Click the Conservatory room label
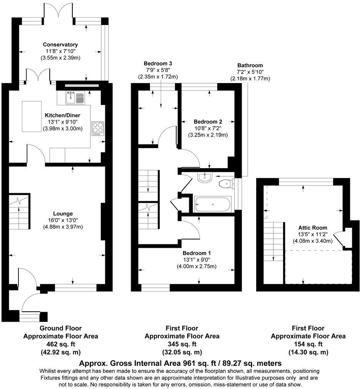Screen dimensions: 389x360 click(60, 45)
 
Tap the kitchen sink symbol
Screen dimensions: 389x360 click(75, 98)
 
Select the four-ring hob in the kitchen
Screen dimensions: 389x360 click(97, 128)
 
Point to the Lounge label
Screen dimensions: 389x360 click(63, 214)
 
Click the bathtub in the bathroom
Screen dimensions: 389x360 click(212, 204)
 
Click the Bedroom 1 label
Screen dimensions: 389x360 click(197, 253)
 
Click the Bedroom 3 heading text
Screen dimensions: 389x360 click(158, 63)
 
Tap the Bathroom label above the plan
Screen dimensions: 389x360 click(250, 65)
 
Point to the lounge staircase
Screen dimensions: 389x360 click(19, 215)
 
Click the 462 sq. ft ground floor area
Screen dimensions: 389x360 click(60, 344)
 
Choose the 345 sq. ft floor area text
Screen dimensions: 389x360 click(182, 344)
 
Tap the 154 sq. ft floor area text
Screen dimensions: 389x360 click(308, 344)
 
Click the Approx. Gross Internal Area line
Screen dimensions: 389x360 click(180, 363)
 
